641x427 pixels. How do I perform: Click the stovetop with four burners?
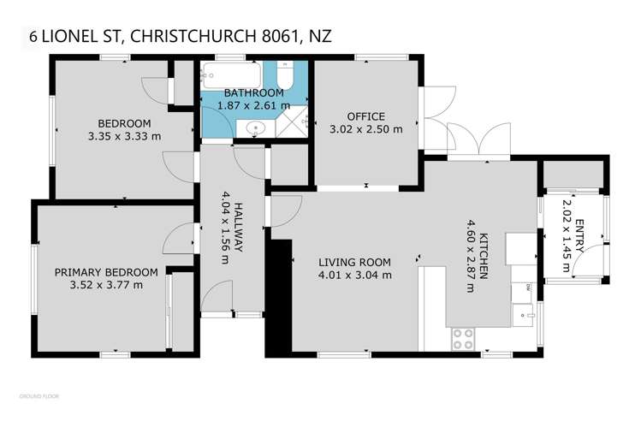point(462,338)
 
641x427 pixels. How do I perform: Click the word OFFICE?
point(365,117)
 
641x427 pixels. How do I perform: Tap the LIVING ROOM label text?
point(355,263)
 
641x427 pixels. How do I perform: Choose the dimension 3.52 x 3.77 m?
point(107,285)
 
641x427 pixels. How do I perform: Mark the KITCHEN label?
point(484,257)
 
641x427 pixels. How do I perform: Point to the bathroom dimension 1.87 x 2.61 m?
point(253,104)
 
